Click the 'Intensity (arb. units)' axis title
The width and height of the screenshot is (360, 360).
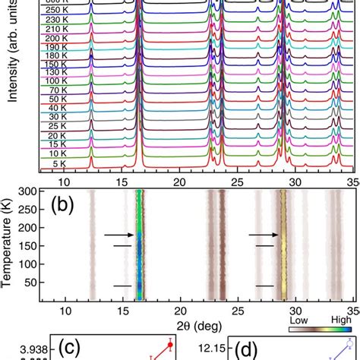(12, 46)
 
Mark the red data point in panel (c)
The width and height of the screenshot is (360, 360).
(171, 345)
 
